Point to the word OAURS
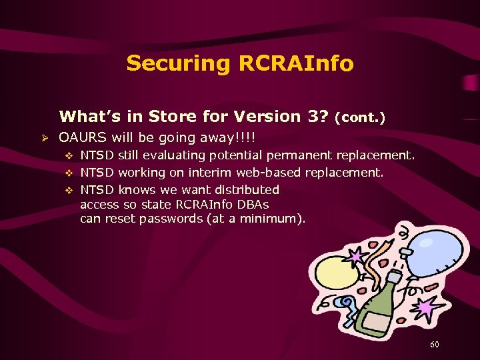(82, 138)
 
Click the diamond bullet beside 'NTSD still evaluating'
(67, 156)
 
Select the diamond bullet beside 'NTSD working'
(67, 173)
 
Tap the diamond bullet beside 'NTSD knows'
(67, 191)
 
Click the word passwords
(169, 219)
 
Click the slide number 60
(435, 344)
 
